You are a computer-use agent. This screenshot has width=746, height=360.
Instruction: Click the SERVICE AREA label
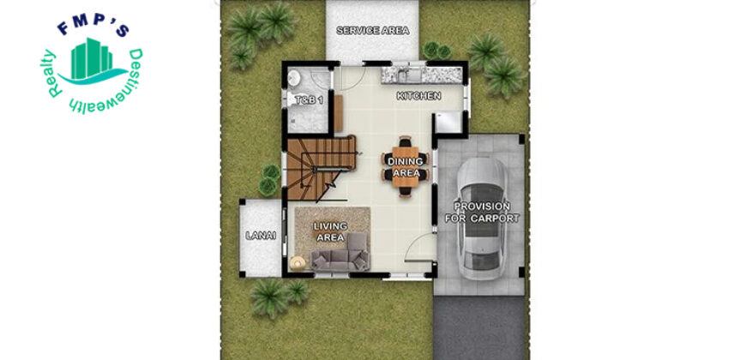point(372,31)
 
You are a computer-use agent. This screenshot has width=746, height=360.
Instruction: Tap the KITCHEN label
point(418,96)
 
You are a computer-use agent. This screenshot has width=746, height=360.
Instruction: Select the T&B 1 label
point(310,100)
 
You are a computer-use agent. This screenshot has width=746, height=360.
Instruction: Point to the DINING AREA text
point(406,167)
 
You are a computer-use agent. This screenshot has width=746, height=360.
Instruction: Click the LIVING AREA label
point(330,231)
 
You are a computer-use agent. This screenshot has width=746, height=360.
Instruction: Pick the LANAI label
point(261,235)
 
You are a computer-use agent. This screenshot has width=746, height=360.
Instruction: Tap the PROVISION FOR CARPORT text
point(482,213)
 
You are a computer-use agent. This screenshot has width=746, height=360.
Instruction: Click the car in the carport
point(483,218)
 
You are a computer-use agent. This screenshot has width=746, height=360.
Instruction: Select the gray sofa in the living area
point(340,253)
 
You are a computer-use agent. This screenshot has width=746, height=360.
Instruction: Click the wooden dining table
point(406,166)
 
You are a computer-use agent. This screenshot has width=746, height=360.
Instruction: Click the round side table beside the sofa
point(298,262)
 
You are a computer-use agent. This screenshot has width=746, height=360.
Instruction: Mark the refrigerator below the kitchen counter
point(449,123)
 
